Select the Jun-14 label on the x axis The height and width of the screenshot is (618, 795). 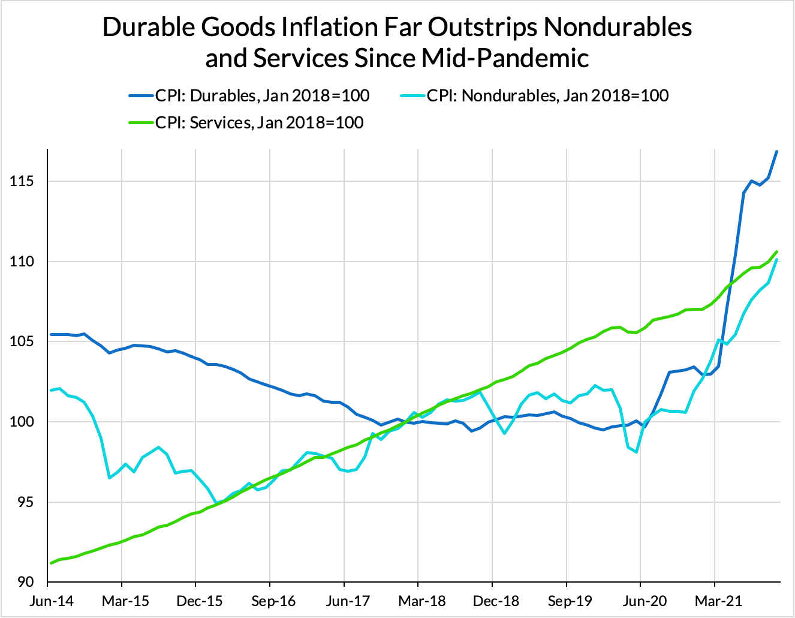(x=52, y=601)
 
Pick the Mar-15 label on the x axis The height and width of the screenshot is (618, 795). (x=125, y=601)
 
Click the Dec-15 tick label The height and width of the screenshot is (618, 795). (x=200, y=601)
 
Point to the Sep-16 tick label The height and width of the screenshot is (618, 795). (x=274, y=601)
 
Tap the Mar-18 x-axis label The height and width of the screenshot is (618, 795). (x=422, y=601)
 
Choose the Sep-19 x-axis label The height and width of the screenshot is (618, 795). (x=570, y=601)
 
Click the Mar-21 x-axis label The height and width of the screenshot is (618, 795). (x=718, y=601)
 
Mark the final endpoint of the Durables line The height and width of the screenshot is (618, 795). (x=777, y=151)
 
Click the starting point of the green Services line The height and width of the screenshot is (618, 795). (x=51, y=563)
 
